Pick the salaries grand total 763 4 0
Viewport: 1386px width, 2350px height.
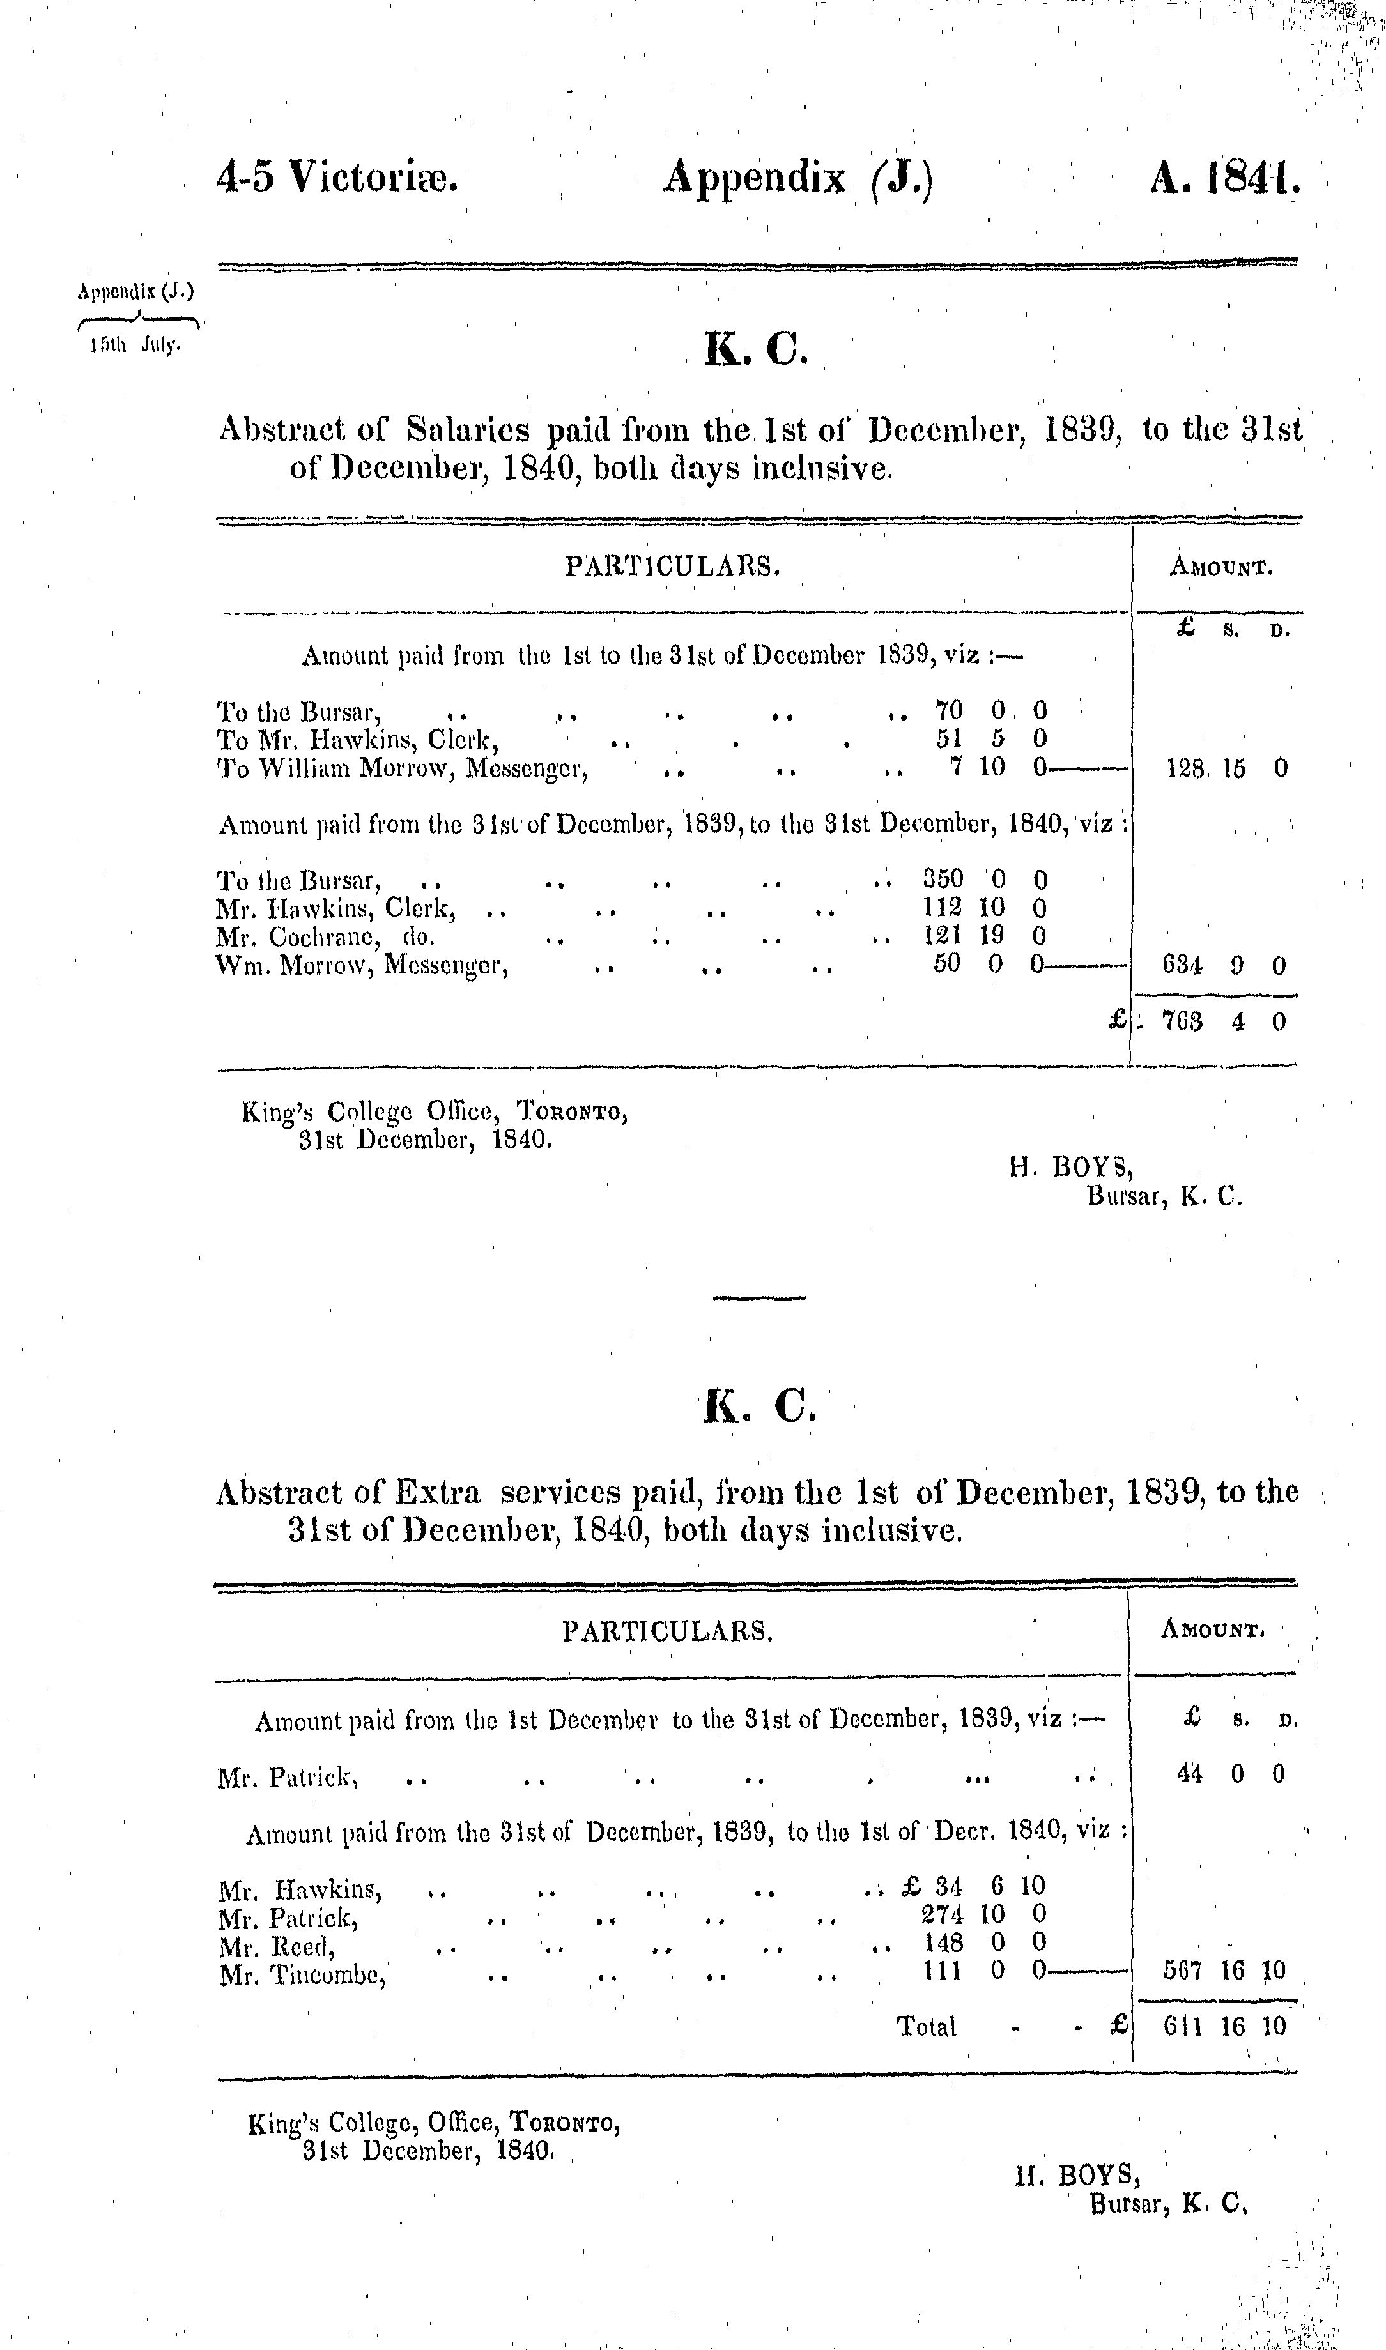[1224, 1021]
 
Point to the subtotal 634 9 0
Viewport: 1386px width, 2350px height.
[1224, 965]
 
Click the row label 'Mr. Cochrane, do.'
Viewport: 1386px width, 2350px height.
[325, 936]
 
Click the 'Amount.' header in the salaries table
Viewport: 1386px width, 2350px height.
[1220, 567]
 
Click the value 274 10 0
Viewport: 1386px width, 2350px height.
[983, 1913]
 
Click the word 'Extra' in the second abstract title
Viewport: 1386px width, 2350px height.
[437, 1493]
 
